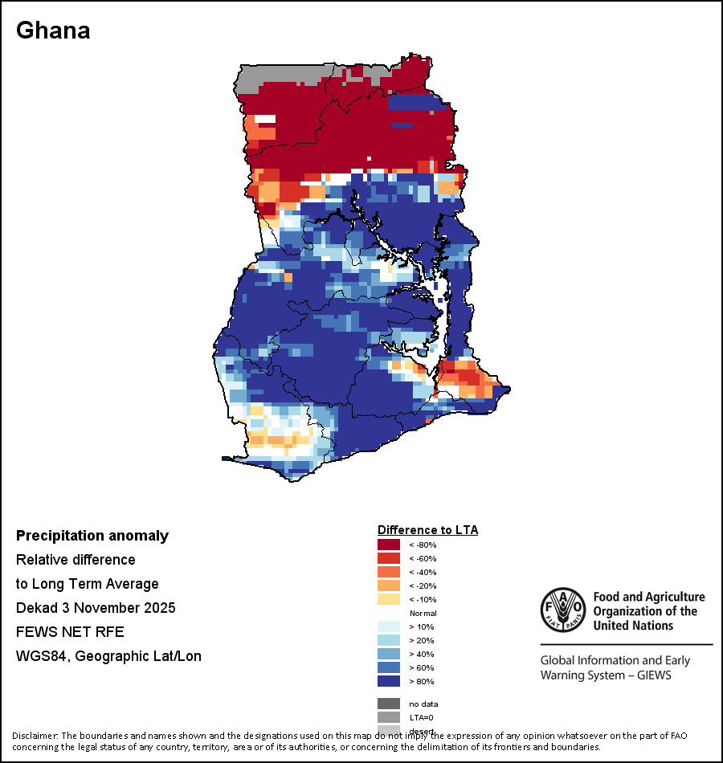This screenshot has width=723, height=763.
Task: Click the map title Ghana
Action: pyautogui.click(x=53, y=31)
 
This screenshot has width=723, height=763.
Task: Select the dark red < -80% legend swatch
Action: pyautogui.click(x=389, y=545)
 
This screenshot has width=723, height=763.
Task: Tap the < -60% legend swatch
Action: pyautogui.click(x=389, y=558)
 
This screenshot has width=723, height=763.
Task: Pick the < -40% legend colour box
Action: pyautogui.click(x=389, y=572)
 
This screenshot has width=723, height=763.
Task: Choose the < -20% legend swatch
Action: pyautogui.click(x=389, y=586)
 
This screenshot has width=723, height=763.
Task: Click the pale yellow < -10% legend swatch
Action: pyautogui.click(x=389, y=599)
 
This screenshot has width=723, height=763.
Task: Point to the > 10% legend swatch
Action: pyautogui.click(x=389, y=626)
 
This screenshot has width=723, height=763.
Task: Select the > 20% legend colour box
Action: pyautogui.click(x=389, y=640)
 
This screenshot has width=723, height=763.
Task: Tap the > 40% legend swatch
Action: pyautogui.click(x=389, y=654)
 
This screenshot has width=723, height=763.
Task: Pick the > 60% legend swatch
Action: pyautogui.click(x=389, y=667)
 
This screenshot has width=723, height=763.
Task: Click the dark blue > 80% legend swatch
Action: pyautogui.click(x=389, y=681)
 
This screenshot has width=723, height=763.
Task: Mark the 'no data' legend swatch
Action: pyautogui.click(x=389, y=704)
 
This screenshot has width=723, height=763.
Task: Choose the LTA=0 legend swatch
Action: pyautogui.click(x=389, y=717)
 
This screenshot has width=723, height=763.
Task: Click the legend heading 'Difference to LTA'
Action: pyautogui.click(x=427, y=530)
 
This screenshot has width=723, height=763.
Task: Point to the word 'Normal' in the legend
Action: pyautogui.click(x=423, y=613)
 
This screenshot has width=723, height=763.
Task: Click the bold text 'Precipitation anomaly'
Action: pyautogui.click(x=92, y=536)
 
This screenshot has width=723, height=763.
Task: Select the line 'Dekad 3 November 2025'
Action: pyautogui.click(x=96, y=608)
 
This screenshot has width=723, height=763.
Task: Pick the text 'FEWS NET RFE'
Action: pyautogui.click(x=70, y=632)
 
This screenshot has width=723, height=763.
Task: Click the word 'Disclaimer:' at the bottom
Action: pyautogui.click(x=34, y=736)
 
